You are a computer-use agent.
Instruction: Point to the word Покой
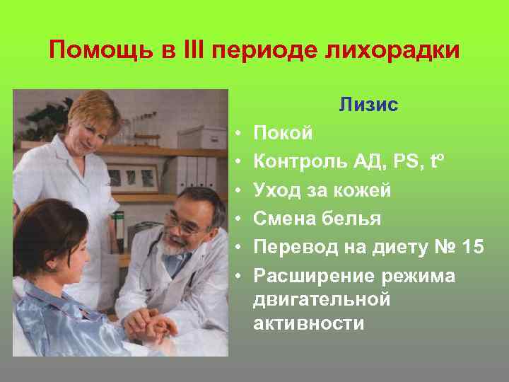[x=282, y=132]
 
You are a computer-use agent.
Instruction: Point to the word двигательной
[x=322, y=299]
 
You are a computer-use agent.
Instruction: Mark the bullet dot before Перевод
[x=240, y=248]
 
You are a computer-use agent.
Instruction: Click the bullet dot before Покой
[x=240, y=133]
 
